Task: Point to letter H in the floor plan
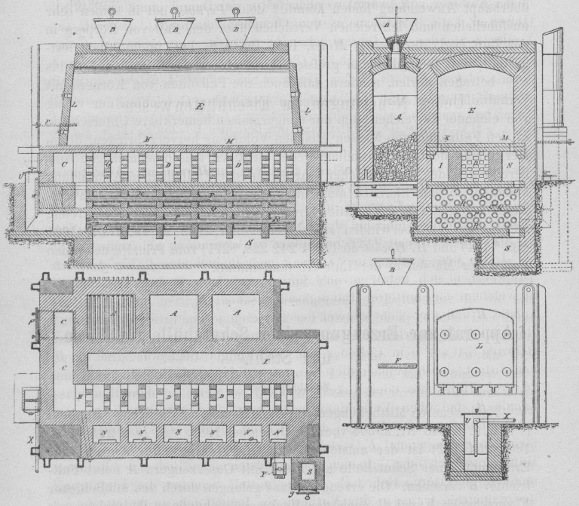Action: coord(81,395)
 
